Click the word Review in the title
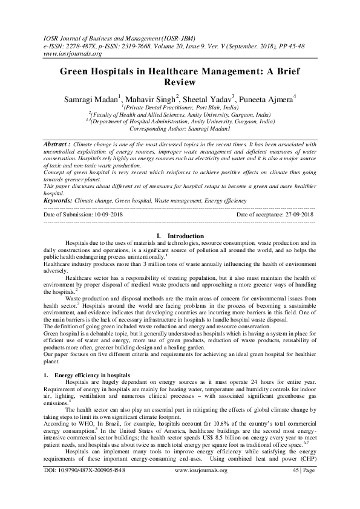[x=180, y=82]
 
